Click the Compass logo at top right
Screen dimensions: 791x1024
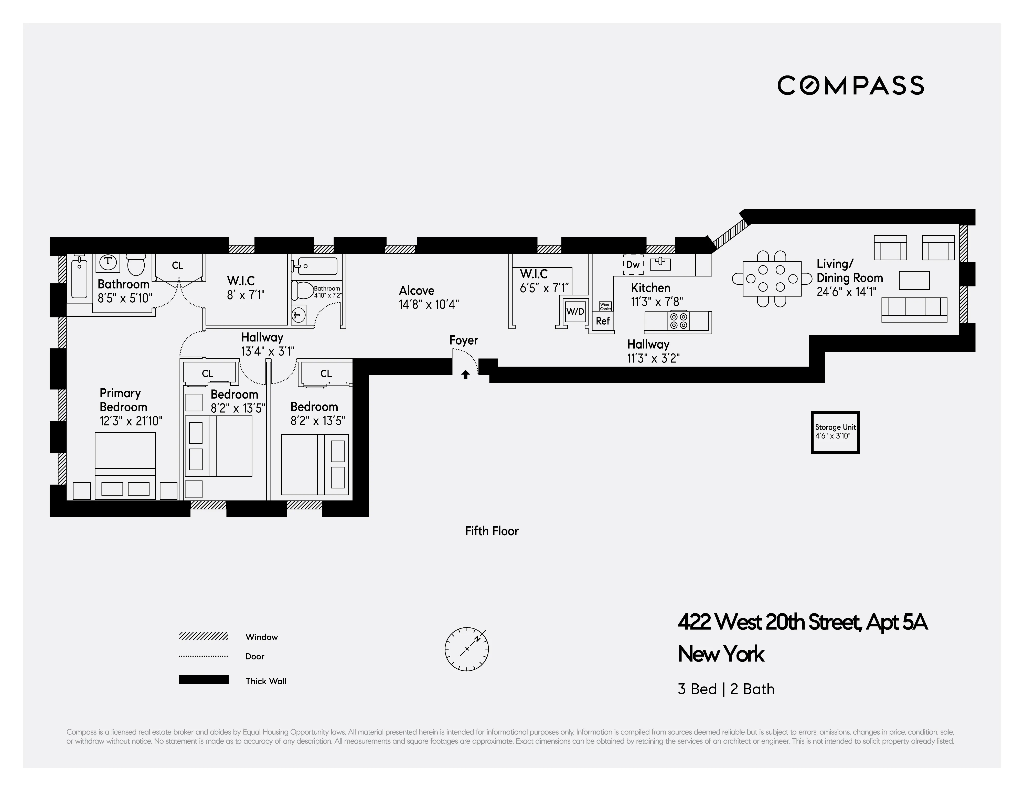click(x=850, y=85)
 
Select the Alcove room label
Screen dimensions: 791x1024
click(x=416, y=291)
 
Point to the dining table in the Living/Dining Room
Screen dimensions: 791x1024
click(x=772, y=279)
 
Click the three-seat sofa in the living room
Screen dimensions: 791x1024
click(x=914, y=309)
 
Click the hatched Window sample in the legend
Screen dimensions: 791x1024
click(x=204, y=636)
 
